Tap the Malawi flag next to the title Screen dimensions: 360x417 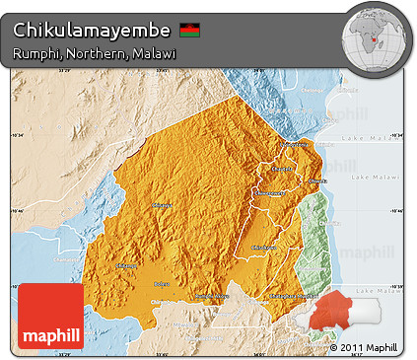[189, 29]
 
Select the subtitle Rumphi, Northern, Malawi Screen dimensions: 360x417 [95, 52]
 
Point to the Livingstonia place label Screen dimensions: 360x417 [295, 145]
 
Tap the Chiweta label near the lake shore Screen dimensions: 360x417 [318, 181]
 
